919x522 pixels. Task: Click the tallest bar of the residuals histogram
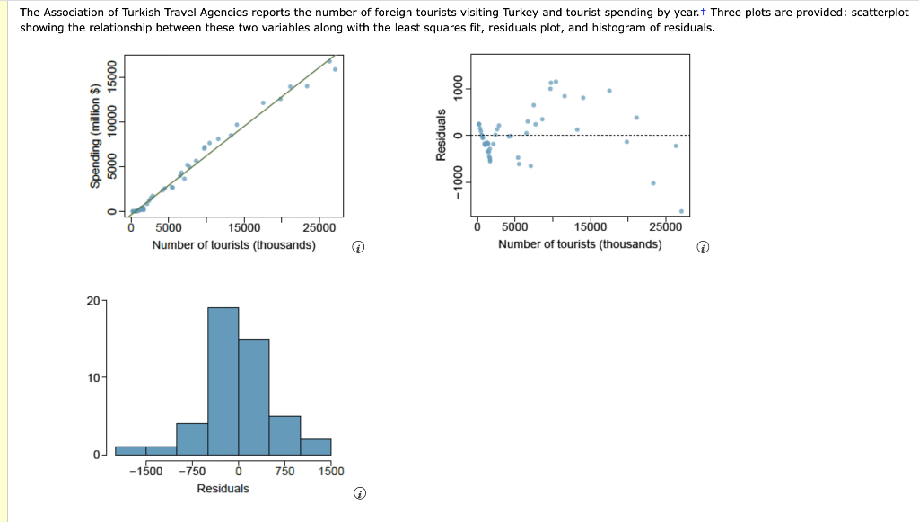click(223, 381)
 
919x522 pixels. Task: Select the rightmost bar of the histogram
click(315, 447)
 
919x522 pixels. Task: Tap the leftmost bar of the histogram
click(130, 450)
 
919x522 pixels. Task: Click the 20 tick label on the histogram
click(93, 300)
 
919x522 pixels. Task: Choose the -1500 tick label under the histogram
click(145, 471)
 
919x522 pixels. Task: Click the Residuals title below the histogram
click(223, 488)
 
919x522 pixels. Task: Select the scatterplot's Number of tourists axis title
click(233, 244)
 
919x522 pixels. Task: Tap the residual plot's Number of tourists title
click(580, 244)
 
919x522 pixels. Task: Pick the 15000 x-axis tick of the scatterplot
click(244, 227)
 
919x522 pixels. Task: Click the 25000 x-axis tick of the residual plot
click(665, 227)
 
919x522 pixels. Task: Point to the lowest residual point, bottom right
click(681, 211)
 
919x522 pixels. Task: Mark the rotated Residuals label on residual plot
click(440, 135)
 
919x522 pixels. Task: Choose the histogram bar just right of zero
click(254, 396)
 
